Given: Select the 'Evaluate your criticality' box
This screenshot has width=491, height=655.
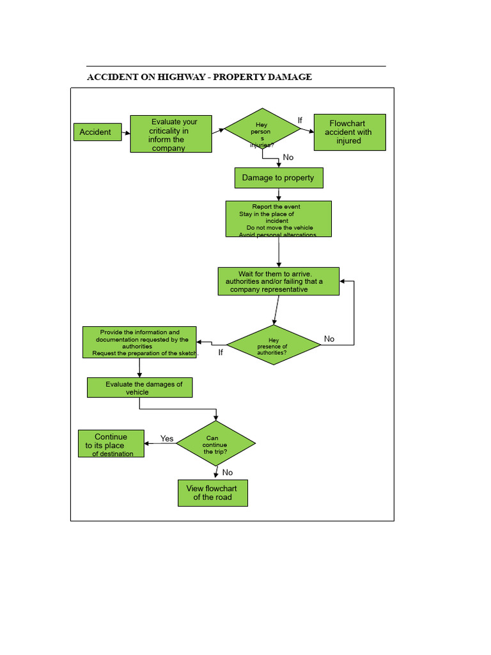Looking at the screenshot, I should (x=171, y=134).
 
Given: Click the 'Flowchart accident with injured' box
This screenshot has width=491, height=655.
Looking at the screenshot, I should (x=350, y=132).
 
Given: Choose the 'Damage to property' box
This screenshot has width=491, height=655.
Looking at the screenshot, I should (x=278, y=178).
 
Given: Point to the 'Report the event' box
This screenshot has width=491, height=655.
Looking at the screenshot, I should (x=278, y=219).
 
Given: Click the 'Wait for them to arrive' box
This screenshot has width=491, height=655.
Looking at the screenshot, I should (x=278, y=281).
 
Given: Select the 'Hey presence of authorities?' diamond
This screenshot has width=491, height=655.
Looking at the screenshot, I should (x=274, y=345).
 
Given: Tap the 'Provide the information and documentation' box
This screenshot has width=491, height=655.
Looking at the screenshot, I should (x=139, y=343).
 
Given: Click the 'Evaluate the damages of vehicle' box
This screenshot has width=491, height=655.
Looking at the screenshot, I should (x=139, y=388).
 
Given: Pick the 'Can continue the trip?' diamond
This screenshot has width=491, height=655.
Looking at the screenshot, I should (x=215, y=443).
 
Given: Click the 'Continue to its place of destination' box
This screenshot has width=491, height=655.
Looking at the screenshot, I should (x=111, y=444).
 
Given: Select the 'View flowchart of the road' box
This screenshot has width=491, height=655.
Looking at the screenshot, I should (x=212, y=493).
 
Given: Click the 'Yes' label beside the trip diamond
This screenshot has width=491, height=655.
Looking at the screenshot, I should (x=167, y=439).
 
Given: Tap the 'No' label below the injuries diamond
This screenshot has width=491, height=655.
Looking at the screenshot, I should (x=288, y=157).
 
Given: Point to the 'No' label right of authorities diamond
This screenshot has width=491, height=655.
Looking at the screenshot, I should (x=329, y=339).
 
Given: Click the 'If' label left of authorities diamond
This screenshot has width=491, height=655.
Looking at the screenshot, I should (x=221, y=352).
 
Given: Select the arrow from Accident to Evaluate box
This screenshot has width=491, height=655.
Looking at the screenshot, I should (x=126, y=132).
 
